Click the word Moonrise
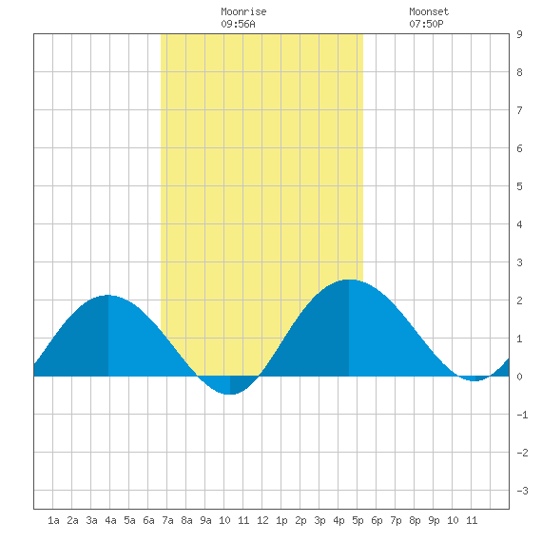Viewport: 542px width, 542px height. tap(243, 11)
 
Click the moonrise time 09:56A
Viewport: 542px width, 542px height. tap(238, 24)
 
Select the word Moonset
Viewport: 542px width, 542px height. tap(429, 11)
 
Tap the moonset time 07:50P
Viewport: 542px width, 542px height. tap(426, 24)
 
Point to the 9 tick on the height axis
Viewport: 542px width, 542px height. tap(519, 34)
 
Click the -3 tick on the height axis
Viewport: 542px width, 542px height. tap(522, 491)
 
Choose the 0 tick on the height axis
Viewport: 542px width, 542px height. tap(519, 377)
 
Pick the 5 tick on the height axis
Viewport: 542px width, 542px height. tap(519, 186)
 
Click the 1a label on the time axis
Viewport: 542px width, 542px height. tap(53, 520)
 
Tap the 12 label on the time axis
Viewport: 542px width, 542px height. tap(262, 520)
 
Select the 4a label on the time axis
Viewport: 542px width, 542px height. tap(110, 520)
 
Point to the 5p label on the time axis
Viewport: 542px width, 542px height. tap(358, 520)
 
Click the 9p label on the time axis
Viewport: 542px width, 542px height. tap(434, 520)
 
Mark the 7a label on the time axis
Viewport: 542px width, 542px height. tap(167, 520)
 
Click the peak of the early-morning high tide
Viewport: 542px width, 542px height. tap(108, 295)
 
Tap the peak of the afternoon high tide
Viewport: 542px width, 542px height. tap(349, 280)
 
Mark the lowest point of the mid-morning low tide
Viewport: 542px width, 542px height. tap(230, 394)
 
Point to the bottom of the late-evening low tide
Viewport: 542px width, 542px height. tap(474, 381)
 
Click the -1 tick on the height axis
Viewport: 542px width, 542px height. tap(522, 415)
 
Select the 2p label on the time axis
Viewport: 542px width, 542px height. tap(300, 520)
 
